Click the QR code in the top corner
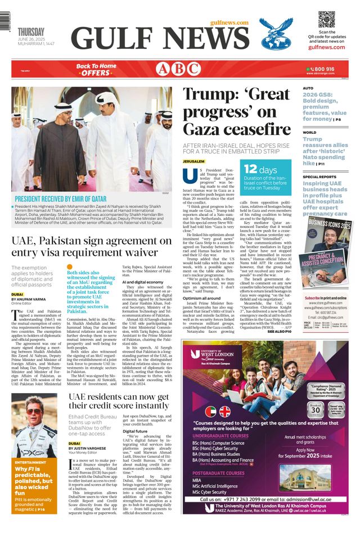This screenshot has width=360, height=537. tap(326, 19)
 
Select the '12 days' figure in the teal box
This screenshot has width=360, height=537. tap(260, 169)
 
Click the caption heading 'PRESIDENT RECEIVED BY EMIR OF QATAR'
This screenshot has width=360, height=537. tap(60, 199)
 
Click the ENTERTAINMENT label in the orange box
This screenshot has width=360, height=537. tap(30, 462)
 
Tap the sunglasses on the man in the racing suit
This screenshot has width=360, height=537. tap(34, 412)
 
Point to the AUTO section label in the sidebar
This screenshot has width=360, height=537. tap(308, 88)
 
